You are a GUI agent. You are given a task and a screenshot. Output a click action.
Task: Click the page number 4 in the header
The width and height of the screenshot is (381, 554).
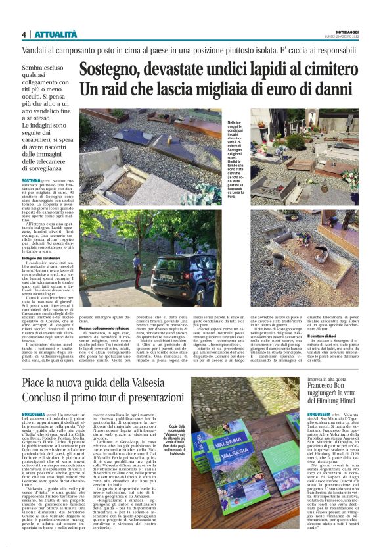(x=24, y=34)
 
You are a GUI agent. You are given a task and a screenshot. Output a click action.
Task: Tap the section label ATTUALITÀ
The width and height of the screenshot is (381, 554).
(x=56, y=34)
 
